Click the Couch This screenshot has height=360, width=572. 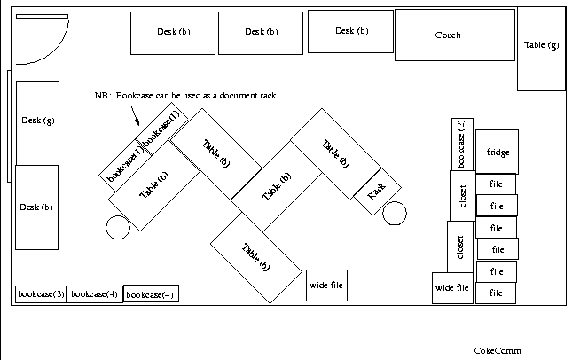[454, 35]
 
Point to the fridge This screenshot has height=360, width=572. [498, 152]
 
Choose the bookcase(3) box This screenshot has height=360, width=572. [41, 293]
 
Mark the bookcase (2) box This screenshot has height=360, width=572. [461, 144]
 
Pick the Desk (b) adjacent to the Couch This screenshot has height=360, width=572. [351, 32]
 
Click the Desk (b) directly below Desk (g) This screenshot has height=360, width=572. [36, 207]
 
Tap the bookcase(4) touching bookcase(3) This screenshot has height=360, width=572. [94, 293]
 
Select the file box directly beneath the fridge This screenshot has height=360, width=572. [497, 184]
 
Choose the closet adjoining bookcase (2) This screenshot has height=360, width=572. [464, 196]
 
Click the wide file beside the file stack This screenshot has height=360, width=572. [452, 287]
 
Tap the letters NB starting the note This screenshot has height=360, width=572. [101, 95]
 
